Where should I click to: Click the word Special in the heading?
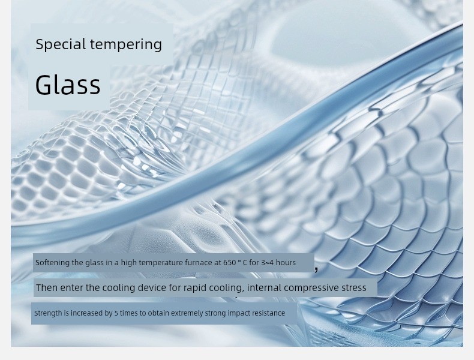pyautogui.click(x=61, y=44)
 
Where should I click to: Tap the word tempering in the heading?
pyautogui.click(x=126, y=45)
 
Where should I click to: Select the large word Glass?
pyautogui.click(x=68, y=85)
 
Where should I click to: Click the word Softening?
pyautogui.click(x=53, y=263)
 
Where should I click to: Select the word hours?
pyautogui.click(x=286, y=262)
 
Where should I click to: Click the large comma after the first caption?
pyautogui.click(x=316, y=269)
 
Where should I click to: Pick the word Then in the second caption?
pyautogui.click(x=47, y=287)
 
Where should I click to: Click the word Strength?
pyautogui.click(x=48, y=313)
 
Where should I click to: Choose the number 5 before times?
pyautogui.click(x=116, y=313)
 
